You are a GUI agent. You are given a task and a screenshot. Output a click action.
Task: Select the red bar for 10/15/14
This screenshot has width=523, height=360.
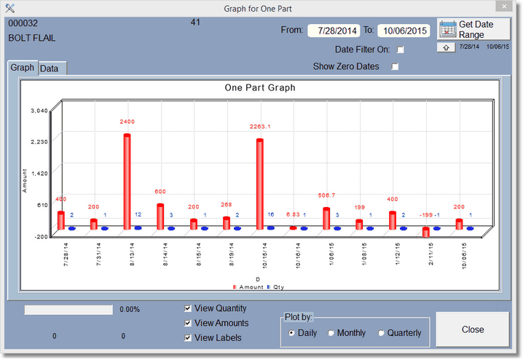coord(259,183)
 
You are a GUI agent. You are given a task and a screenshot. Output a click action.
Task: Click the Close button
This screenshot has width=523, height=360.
coord(472,329)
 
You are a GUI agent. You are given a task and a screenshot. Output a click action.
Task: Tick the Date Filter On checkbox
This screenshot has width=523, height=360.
coord(400,50)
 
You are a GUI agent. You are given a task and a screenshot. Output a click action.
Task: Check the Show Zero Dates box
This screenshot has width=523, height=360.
coord(396,66)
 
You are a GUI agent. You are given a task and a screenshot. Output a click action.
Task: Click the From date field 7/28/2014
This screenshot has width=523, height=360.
coord(333,31)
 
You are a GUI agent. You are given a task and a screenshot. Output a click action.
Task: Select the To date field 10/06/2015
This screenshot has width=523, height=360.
coord(404,31)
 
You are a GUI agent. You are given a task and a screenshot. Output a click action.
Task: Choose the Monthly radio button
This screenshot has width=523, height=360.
coord(331,333)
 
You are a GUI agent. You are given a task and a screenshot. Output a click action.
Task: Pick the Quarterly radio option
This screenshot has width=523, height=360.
coord(380,333)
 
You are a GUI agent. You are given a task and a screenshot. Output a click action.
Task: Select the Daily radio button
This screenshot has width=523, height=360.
coord(292,333)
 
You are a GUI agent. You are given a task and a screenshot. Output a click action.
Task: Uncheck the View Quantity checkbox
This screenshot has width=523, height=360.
coord(189,308)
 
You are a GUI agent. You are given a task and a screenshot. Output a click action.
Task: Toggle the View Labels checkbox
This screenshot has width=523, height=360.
coord(189,337)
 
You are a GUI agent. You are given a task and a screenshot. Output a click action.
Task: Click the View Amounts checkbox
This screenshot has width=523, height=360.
coord(189,323)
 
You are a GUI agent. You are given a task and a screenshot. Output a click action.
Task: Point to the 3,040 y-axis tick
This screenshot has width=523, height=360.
coord(39,111)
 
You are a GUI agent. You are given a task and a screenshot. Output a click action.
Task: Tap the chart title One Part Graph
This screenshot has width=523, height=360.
coord(259,87)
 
